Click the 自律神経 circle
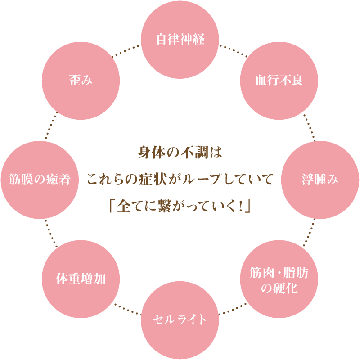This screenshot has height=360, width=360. (x=180, y=40)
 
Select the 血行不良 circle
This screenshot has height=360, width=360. (x=279, y=81)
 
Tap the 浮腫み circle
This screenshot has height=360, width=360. (x=320, y=180)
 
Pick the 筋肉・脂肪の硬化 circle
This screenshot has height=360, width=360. (x=279, y=279)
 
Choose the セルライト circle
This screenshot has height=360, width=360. (x=180, y=320)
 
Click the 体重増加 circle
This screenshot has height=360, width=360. (x=81, y=279)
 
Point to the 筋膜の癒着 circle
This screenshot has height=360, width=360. (x=40, y=180)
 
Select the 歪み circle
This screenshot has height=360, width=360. (x=81, y=81)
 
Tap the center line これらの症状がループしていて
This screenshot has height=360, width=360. (x=180, y=180)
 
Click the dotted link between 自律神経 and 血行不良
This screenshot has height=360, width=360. (x=233, y=50)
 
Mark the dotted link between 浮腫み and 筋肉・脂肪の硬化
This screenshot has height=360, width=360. (x=310, y=233)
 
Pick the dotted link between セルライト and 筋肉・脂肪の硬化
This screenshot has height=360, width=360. (x=233, y=310)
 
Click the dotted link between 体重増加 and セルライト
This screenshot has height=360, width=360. (x=127, y=310)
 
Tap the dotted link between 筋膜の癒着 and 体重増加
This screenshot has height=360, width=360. (x=50, y=233)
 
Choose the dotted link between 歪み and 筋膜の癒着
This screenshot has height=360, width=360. (x=50, y=127)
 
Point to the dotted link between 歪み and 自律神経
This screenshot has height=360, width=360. (x=127, y=50)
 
